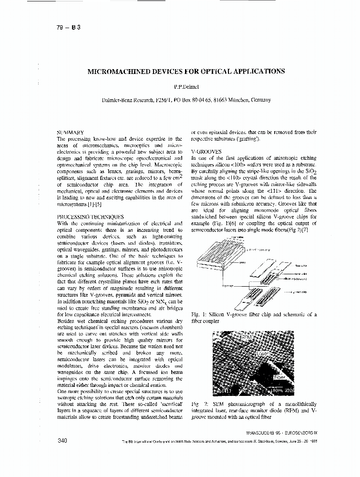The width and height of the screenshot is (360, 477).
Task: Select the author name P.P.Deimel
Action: click(x=185, y=88)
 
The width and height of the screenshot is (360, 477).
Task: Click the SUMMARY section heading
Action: click(x=71, y=132)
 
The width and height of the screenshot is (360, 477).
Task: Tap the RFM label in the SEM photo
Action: click(x=247, y=337)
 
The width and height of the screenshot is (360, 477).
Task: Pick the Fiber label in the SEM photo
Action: click(x=279, y=377)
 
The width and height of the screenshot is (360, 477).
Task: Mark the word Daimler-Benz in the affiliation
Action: click(x=116, y=100)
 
